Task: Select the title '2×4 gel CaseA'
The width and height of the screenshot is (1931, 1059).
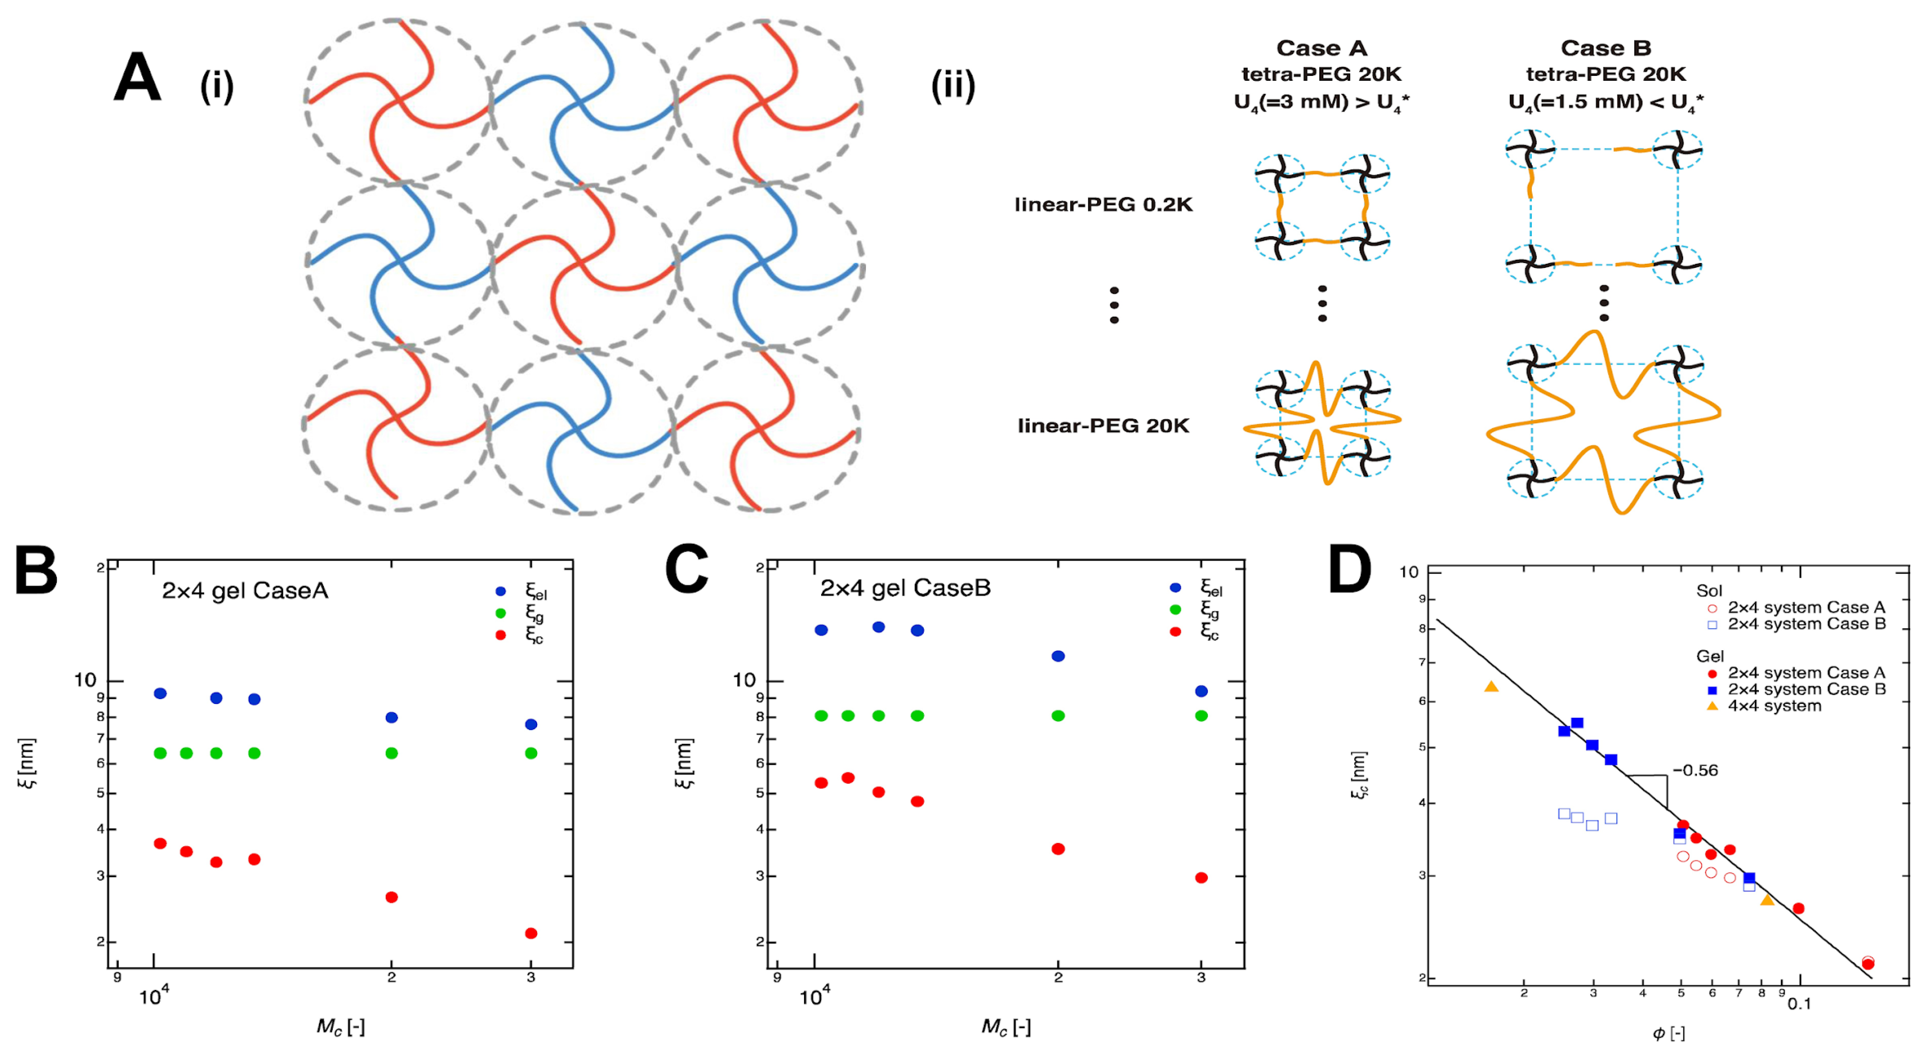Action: click(245, 591)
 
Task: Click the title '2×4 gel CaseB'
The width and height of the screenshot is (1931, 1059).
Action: click(905, 588)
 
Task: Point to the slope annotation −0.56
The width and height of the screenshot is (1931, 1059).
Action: click(1695, 770)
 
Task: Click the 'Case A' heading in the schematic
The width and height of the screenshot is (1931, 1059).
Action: click(1322, 48)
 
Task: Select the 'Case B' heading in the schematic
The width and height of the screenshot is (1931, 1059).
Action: click(1606, 48)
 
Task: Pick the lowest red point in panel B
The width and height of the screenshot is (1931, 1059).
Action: click(531, 933)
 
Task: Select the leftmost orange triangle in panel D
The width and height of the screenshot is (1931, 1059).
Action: click(1491, 686)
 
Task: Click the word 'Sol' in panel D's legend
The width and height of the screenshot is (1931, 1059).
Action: click(1709, 591)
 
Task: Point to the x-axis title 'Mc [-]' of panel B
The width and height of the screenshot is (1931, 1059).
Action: click(340, 1026)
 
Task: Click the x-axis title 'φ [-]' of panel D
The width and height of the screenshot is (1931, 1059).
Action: click(1669, 1034)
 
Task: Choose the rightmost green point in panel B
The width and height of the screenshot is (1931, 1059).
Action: click(531, 753)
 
